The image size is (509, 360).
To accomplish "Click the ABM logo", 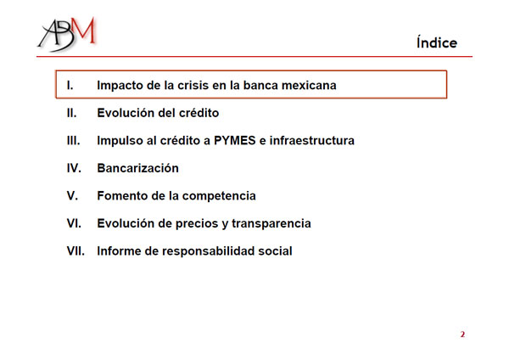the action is pyautogui.click(x=67, y=34).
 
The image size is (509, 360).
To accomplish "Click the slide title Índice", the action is pyautogui.click(x=437, y=42).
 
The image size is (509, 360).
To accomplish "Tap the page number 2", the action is pyautogui.click(x=462, y=335).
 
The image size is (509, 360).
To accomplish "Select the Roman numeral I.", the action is pyautogui.click(x=70, y=85).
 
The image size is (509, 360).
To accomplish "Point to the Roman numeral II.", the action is pyautogui.click(x=72, y=113).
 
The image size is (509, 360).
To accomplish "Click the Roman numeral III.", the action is pyautogui.click(x=73, y=140).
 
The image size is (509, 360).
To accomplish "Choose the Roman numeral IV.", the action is pyautogui.click(x=74, y=168).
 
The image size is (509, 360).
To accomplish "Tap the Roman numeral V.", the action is pyautogui.click(x=72, y=195).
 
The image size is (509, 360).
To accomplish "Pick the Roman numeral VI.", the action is pyautogui.click(x=74, y=223).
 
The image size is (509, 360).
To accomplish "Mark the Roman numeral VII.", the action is pyautogui.click(x=76, y=250).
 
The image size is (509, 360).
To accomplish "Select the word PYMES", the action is pyautogui.click(x=235, y=140).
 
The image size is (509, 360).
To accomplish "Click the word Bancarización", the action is pyautogui.click(x=138, y=168).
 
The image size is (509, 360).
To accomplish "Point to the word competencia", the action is pyautogui.click(x=219, y=196).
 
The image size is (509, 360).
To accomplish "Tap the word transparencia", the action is pyautogui.click(x=271, y=224).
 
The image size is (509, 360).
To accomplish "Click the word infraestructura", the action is pyautogui.click(x=312, y=140).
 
